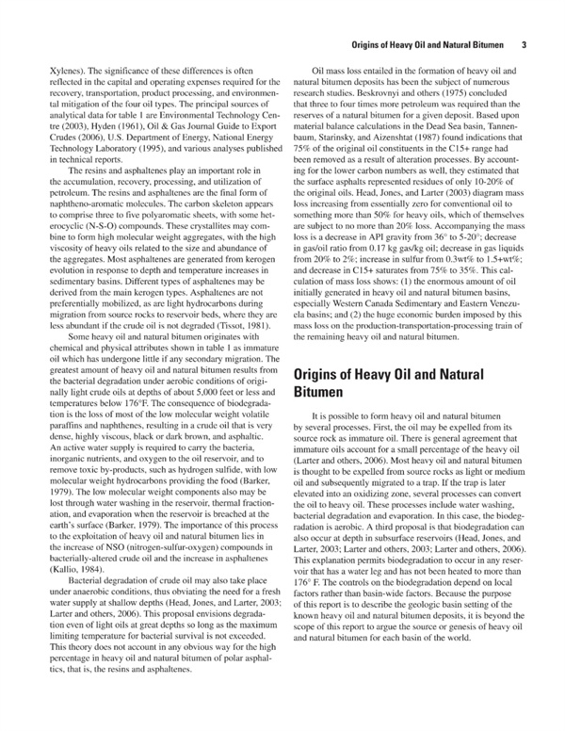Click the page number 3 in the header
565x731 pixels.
coord(523,44)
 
